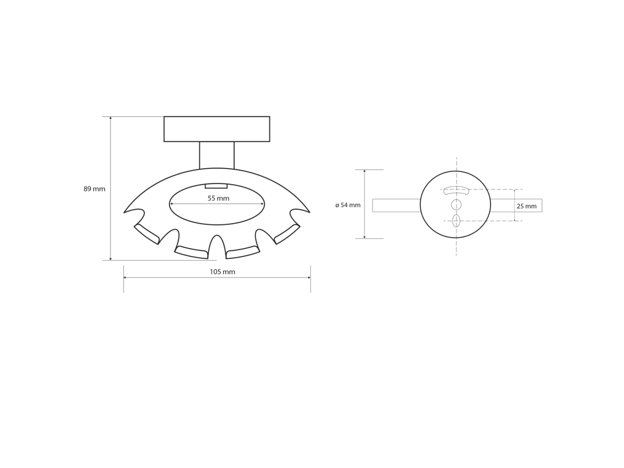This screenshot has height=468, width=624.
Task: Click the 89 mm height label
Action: point(94,189)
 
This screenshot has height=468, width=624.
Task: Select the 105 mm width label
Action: point(222,272)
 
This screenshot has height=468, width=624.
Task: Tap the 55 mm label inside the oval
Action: point(219,198)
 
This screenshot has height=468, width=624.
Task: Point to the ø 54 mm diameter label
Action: point(348,205)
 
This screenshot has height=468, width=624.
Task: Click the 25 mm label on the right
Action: point(526,206)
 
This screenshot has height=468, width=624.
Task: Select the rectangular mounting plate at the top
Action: point(217,129)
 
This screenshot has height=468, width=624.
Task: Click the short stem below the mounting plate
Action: point(217,155)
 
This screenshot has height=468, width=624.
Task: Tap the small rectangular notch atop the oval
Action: point(216,186)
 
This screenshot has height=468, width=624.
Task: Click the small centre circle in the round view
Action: point(456,205)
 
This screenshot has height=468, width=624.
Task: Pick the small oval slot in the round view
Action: point(456,221)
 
